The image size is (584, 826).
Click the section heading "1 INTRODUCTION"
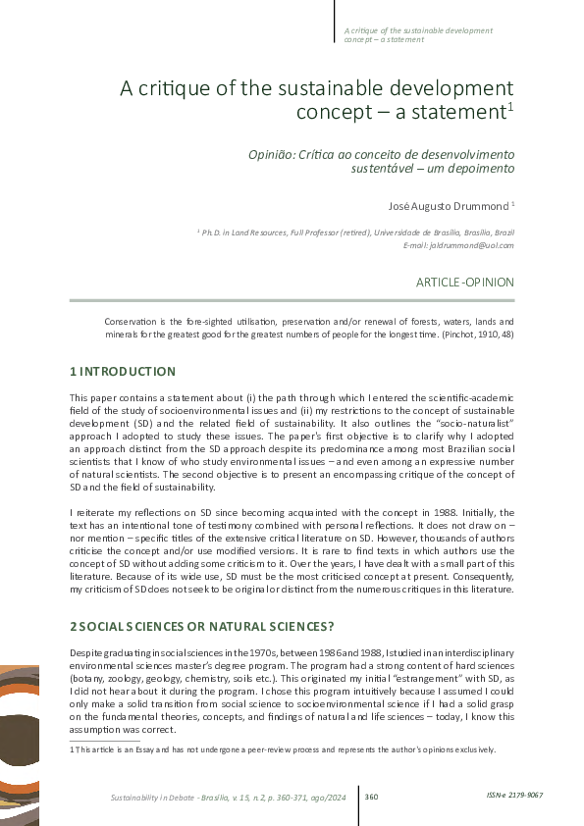123,372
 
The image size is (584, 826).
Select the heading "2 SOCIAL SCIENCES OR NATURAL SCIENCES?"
200,625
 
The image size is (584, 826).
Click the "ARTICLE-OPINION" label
464,282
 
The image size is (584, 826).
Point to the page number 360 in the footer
371,796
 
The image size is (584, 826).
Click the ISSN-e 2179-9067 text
514,795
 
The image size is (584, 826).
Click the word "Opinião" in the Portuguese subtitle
267,155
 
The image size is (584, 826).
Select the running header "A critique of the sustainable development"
417,29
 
